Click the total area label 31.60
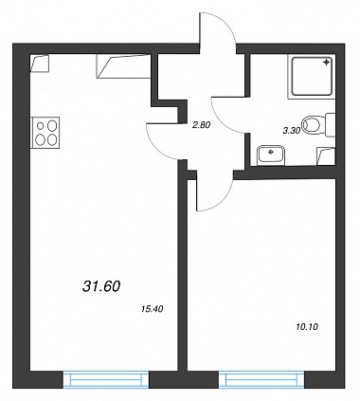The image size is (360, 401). pyautogui.click(x=101, y=286)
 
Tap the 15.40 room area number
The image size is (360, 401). pyautogui.click(x=153, y=309)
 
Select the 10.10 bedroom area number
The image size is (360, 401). pyautogui.click(x=307, y=326)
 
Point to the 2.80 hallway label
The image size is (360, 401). pyautogui.click(x=201, y=125)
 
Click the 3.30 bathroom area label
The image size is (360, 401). pyautogui.click(x=291, y=131)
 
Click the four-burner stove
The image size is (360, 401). pyautogui.click(x=45, y=133)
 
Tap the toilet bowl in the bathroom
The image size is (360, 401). pyautogui.click(x=313, y=124)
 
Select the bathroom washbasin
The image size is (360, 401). pyautogui.click(x=271, y=155)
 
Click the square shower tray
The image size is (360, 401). pyautogui.click(x=312, y=76)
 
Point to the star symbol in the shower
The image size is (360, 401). pyautogui.click(x=326, y=63)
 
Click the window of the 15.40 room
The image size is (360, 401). pyautogui.click(x=106, y=379)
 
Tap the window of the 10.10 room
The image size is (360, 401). pyautogui.click(x=261, y=379)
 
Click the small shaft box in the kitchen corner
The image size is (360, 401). pyautogui.click(x=40, y=64)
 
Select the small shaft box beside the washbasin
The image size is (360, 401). pyautogui.click(x=326, y=156)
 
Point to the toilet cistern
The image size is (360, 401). pyautogui.click(x=330, y=124)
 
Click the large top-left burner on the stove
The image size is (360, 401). pyautogui.click(x=52, y=126)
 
